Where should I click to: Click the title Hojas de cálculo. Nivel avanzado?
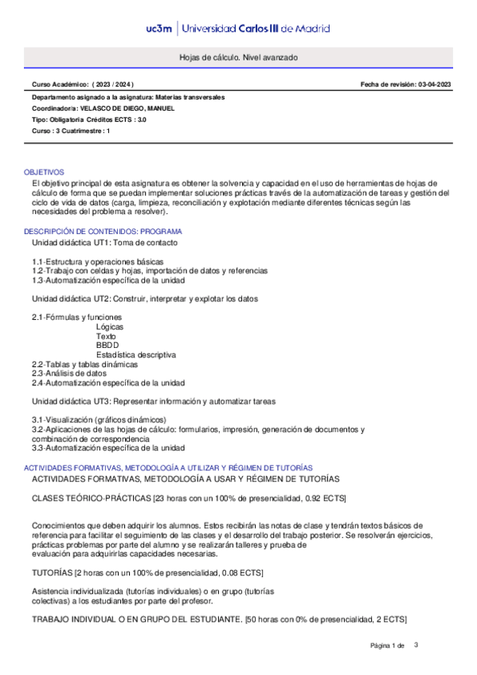[238, 59]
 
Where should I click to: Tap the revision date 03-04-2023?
[434, 84]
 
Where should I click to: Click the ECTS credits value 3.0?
[142, 119]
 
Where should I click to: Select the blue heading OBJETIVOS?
[45, 172]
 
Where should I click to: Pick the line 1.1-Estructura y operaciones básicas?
[98, 261]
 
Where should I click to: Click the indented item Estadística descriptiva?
[136, 355]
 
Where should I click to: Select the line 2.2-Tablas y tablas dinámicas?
[84, 364]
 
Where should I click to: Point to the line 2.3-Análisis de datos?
[69, 373]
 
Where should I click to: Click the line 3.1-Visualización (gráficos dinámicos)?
[99, 419]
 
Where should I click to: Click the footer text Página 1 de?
[388, 646]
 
